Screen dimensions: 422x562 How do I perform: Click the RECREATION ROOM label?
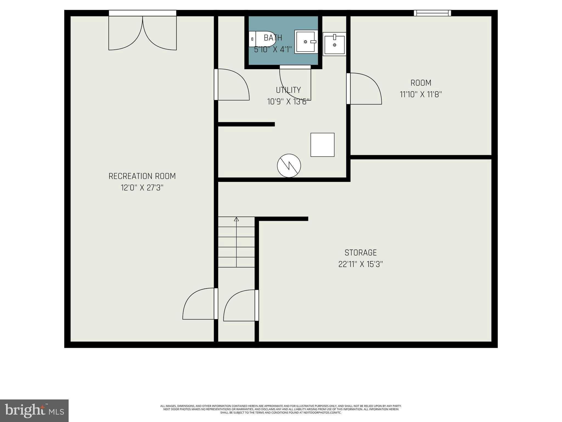(142, 176)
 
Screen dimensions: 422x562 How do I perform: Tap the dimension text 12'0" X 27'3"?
(142, 188)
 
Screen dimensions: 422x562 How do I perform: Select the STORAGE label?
(360, 252)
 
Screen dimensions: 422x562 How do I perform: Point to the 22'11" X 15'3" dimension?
(360, 264)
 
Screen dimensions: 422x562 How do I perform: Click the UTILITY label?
(288, 90)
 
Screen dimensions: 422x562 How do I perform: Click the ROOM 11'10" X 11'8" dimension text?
(421, 95)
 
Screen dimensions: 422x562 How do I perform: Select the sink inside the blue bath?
(306, 42)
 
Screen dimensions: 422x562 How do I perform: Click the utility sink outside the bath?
(334, 44)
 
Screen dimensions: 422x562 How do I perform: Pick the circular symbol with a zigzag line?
(289, 166)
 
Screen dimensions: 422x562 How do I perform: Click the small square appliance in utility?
(322, 145)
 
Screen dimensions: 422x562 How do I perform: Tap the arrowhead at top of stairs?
(236, 219)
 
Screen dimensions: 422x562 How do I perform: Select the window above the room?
(432, 13)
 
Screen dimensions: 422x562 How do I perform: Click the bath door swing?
(295, 82)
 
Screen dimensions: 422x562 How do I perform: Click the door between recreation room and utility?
(232, 84)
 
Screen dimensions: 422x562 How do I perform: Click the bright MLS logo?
(34, 410)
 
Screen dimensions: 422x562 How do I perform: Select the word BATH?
(273, 38)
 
